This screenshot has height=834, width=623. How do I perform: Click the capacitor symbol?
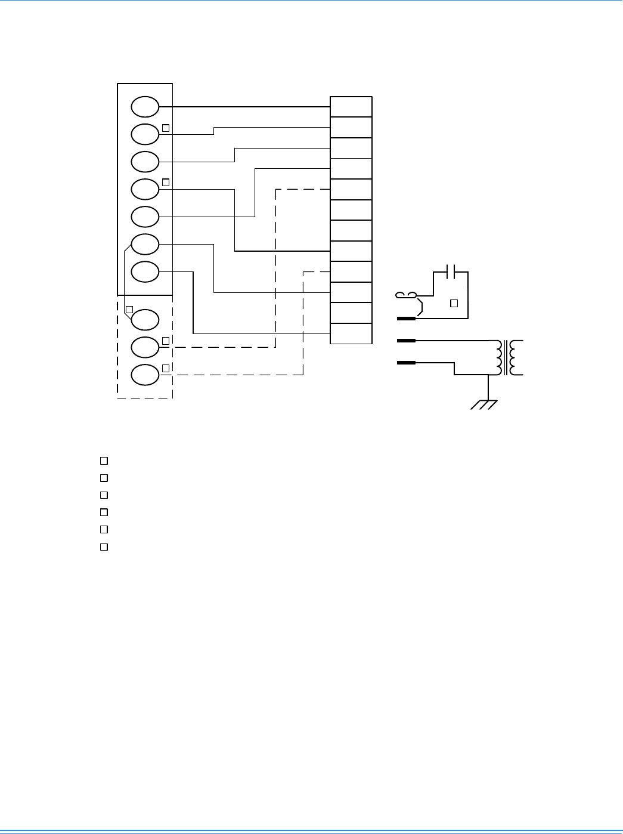pos(451,272)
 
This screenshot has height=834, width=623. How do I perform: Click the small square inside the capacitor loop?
pos(454,303)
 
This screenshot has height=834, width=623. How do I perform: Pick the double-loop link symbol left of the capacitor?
pos(407,294)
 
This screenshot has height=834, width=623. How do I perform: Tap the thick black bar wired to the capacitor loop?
pos(406,319)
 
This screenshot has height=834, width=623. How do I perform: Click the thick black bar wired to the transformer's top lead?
pos(406,341)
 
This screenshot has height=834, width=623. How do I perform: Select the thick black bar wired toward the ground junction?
pos(406,363)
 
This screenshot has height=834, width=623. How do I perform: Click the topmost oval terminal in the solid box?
pos(145,107)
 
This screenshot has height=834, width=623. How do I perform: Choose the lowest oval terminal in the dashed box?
pos(145,375)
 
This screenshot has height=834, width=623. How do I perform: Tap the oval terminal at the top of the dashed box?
pos(145,319)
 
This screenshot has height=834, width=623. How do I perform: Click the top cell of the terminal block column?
pos(351,107)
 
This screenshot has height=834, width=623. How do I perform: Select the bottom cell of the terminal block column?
pos(351,333)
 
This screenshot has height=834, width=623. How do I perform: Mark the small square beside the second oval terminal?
pos(166,127)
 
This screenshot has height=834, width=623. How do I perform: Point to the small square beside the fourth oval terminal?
pos(166,182)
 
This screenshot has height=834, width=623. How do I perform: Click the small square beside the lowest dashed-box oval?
pos(166,368)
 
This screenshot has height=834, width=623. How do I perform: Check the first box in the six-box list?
pos(104,461)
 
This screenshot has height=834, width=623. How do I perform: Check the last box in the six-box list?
pos(104,546)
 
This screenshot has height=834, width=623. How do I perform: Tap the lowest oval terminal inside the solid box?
pos(145,271)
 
